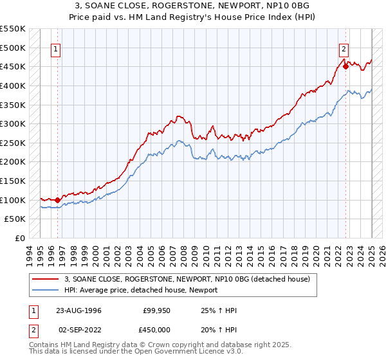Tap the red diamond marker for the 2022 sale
click(x=345, y=66)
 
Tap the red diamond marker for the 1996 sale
click(x=57, y=200)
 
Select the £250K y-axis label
click(x=13, y=143)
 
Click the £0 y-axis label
click(x=21, y=238)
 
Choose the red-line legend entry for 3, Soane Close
click(x=187, y=279)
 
